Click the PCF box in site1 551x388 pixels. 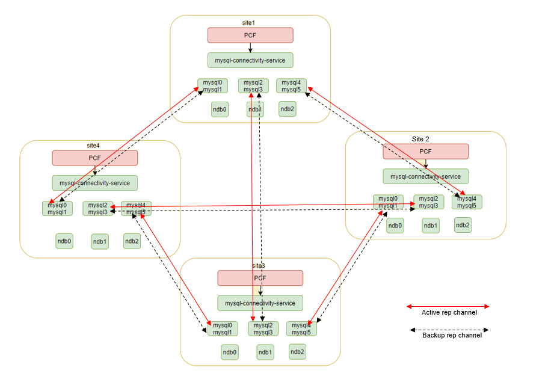(x=250, y=35)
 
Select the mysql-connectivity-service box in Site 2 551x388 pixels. (x=425, y=176)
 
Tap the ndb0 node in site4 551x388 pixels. (x=64, y=241)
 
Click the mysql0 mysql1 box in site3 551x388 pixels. (x=222, y=328)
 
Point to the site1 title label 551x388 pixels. (x=248, y=22)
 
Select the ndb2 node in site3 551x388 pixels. (x=297, y=352)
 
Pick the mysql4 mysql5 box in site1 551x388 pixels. (x=291, y=86)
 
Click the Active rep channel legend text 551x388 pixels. (x=449, y=312)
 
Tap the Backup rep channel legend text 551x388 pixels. (x=452, y=335)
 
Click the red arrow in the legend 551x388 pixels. (x=449, y=306)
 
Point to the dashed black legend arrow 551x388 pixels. (x=449, y=330)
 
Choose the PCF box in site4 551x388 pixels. (x=94, y=158)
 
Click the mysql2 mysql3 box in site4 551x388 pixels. (x=97, y=209)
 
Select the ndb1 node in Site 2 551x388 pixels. (x=431, y=226)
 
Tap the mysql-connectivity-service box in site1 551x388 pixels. (x=250, y=60)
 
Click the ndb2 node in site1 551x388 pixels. (x=287, y=108)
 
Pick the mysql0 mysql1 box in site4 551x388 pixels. (x=57, y=208)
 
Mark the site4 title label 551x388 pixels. (x=93, y=145)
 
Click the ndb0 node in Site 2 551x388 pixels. (x=395, y=226)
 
